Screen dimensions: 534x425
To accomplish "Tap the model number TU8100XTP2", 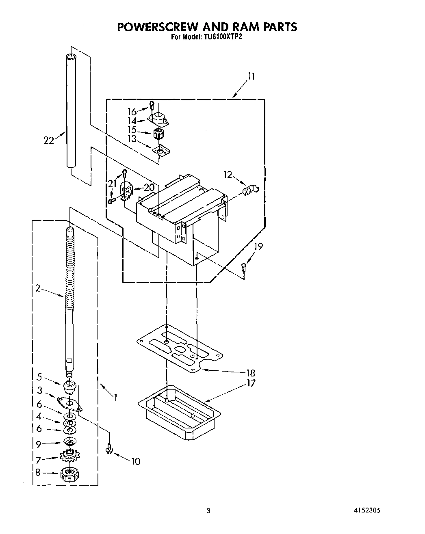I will (223, 37).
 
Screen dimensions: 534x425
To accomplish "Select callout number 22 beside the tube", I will (49, 140).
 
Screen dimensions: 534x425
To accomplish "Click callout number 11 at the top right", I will (252, 76).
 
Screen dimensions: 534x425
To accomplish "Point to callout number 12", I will (228, 175).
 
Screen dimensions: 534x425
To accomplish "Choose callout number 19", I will (258, 246).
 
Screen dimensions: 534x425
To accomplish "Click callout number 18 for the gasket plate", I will (251, 373).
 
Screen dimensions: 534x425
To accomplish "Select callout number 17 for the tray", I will (251, 383).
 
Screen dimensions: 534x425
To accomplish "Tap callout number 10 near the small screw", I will (135, 461).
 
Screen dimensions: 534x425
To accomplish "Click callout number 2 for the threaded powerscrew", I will (37, 288).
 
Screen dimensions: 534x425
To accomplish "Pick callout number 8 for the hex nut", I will (37, 473).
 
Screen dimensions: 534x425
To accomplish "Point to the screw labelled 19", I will (243, 267).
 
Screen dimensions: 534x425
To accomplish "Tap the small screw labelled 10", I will (109, 448).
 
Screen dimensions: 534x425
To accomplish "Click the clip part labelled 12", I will (249, 190).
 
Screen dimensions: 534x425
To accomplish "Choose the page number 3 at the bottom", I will (208, 511).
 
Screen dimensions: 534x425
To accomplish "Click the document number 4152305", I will (367, 511).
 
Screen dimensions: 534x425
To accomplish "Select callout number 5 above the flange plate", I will (39, 377).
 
